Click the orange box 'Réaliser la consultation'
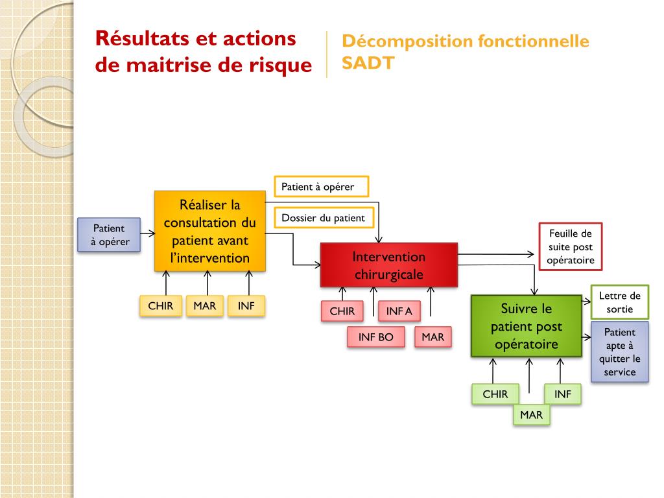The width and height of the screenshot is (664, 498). tap(209, 231)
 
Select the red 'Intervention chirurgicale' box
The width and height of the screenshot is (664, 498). tap(388, 265)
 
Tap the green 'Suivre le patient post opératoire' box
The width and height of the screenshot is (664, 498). tap(526, 326)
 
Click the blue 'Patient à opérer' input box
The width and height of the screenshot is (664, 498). tap(109, 235)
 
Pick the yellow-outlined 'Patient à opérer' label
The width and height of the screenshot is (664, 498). tap(321, 187)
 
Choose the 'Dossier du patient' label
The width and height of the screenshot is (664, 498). tap(323, 218)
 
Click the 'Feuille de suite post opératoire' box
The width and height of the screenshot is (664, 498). tap(570, 246)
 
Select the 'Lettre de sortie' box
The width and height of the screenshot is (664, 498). tap(619, 302)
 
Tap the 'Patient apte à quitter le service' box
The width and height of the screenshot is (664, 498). tap(619, 351)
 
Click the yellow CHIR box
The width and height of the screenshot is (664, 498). tap(160, 305)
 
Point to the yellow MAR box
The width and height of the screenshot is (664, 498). tap(204, 305)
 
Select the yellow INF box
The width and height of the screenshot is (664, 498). tap(246, 305)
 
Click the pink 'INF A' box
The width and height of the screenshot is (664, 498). tap(399, 311)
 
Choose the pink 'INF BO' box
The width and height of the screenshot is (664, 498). tap(376, 337)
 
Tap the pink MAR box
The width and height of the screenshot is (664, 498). tap(433, 337)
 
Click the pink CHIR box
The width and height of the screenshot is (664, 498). tap(342, 311)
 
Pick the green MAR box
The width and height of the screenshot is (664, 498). tap(531, 414)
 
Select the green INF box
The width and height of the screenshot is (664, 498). tap(563, 394)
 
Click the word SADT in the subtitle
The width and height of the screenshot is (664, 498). tap(368, 64)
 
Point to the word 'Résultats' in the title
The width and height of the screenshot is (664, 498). tap(140, 38)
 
